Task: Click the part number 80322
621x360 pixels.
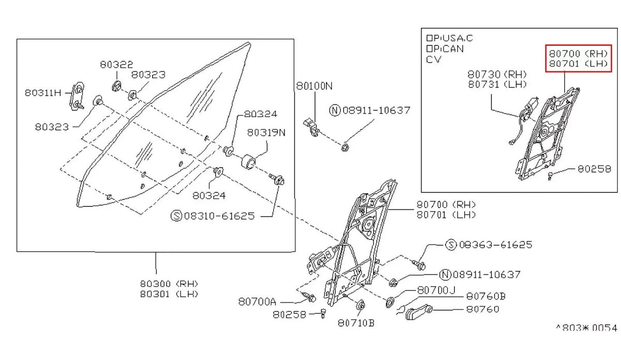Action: pos(116,65)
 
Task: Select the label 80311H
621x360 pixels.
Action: pos(42,93)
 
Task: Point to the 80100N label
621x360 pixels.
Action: pos(314,86)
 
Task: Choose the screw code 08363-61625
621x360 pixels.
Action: pos(495,245)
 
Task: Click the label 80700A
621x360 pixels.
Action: pos(257,301)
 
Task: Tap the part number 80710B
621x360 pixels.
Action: pos(356,323)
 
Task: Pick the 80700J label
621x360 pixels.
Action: pos(436,291)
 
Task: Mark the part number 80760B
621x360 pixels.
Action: pos(485,296)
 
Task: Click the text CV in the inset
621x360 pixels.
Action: pos(434,59)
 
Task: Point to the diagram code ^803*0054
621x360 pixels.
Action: pos(586,328)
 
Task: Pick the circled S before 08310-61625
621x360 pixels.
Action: pos(176,216)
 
